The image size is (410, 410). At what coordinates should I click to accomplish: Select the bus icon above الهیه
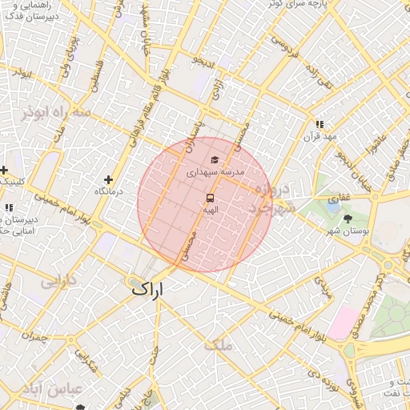tap(210, 197)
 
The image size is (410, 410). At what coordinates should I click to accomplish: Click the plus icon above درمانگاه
tap(110, 179)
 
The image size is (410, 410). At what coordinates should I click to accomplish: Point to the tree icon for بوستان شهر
tap(348, 219)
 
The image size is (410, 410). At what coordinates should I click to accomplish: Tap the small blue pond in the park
tap(332, 206)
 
